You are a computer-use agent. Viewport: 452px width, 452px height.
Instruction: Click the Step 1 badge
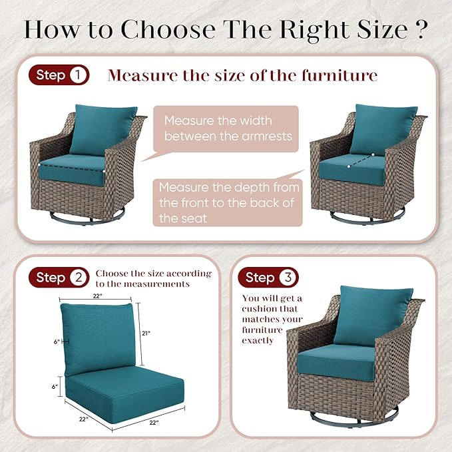(59, 75)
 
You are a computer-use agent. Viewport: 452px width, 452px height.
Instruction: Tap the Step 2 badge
(59, 278)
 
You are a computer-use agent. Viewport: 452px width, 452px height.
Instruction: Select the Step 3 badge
(268, 278)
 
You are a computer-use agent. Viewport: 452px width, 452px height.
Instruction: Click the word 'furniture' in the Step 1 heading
(339, 75)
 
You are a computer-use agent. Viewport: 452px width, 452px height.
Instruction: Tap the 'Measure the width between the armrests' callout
(226, 128)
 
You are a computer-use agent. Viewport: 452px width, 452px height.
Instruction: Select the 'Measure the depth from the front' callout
(228, 202)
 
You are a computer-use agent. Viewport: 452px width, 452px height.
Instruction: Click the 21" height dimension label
(146, 334)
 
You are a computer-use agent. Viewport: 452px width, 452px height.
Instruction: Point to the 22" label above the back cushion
(97, 296)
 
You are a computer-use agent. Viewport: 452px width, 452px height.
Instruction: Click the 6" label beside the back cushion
(57, 341)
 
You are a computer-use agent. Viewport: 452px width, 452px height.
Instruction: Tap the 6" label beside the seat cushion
(55, 387)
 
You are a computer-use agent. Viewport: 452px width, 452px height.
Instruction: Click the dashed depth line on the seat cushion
(361, 160)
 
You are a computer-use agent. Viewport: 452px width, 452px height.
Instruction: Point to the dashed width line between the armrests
(71, 168)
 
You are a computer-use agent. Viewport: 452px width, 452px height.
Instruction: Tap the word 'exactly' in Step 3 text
(258, 341)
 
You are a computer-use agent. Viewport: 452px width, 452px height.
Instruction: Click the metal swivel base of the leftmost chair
(87, 216)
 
